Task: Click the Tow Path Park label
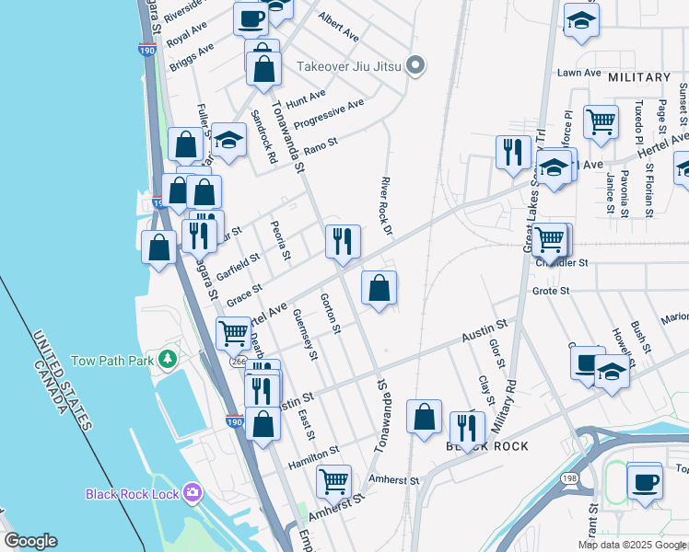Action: click(x=112, y=361)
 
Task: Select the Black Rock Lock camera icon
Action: click(x=191, y=492)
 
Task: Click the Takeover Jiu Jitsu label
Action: click(x=350, y=66)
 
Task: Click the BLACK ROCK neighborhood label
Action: click(x=487, y=446)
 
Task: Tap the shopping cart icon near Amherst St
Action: click(x=333, y=479)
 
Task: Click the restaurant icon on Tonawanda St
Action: click(x=343, y=242)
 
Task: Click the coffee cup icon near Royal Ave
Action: click(x=251, y=17)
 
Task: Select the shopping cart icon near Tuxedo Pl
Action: click(x=601, y=121)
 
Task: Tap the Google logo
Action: click(x=30, y=541)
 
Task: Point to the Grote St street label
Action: click(x=552, y=291)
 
